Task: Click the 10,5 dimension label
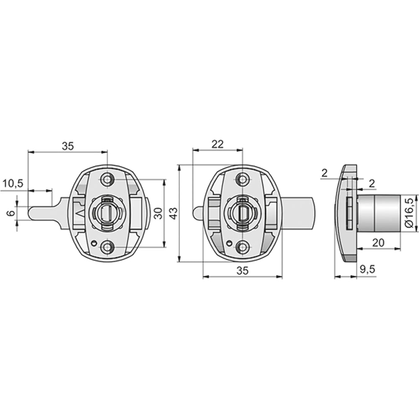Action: point(13,184)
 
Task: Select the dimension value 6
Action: point(11,213)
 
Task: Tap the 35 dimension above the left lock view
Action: point(67,146)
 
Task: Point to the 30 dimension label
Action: point(158,213)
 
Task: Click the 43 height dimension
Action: point(174,213)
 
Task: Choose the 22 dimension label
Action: point(217,144)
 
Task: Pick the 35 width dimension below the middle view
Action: point(243,271)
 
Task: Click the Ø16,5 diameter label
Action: point(409,213)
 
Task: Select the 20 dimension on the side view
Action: point(378,243)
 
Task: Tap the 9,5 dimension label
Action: point(368,269)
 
